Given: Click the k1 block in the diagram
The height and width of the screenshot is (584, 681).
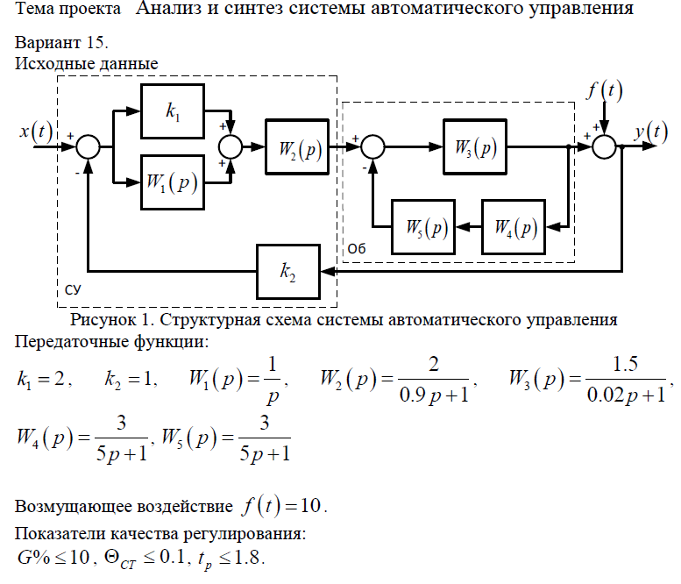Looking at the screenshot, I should click(172, 110).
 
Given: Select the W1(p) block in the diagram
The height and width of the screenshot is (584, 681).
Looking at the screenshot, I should click(172, 182).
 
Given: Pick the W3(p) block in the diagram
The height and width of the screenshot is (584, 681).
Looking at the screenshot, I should click(474, 146).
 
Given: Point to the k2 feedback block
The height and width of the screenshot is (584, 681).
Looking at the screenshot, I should click(288, 273).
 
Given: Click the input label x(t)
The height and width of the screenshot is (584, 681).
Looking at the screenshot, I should click(36, 132).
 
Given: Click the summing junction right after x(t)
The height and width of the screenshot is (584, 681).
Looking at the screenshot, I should click(89, 147).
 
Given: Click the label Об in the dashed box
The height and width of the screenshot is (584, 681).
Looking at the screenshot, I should click(354, 249).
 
